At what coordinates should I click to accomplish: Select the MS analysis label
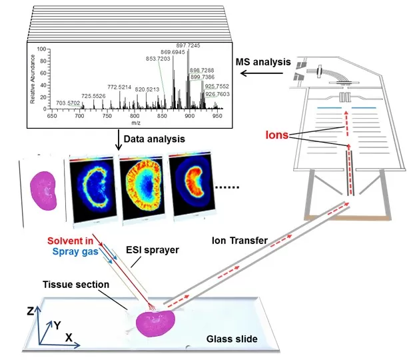pos(264,62)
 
